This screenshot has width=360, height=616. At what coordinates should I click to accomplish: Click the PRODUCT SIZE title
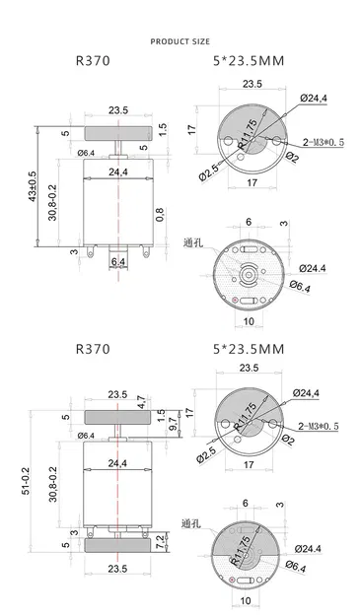pyautogui.click(x=179, y=42)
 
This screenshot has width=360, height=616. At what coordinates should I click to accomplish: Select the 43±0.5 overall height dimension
pyautogui.click(x=33, y=186)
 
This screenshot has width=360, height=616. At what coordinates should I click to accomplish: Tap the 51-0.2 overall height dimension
pyautogui.click(x=33, y=472)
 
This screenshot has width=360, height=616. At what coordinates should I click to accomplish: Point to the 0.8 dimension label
pyautogui.click(x=159, y=209)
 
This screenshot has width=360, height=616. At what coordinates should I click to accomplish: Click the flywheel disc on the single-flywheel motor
pyautogui.click(x=117, y=130)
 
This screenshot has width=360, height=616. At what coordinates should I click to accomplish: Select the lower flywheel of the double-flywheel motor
pyautogui.click(x=117, y=544)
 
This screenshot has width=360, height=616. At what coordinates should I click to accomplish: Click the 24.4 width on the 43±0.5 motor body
pyautogui.click(x=117, y=171)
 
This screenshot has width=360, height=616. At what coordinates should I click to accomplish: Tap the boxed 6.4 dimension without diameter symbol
pyautogui.click(x=117, y=261)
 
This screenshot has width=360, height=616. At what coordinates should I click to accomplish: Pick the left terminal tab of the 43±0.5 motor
pyautogui.click(x=95, y=254)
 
